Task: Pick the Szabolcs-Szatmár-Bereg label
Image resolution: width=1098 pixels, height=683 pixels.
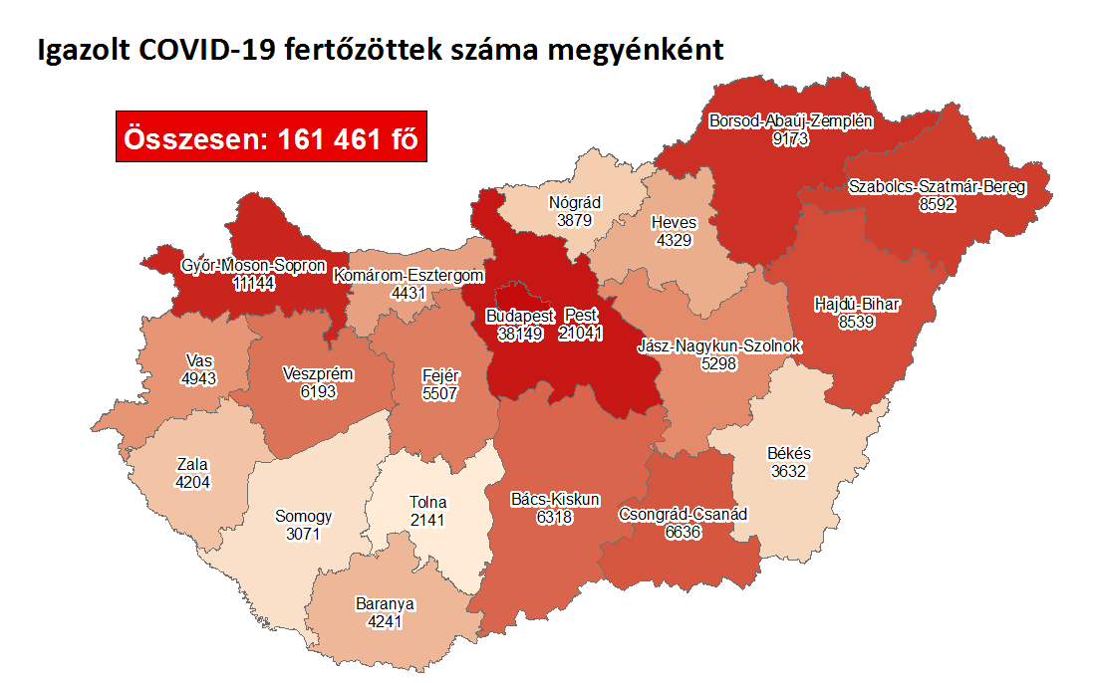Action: click(x=936, y=186)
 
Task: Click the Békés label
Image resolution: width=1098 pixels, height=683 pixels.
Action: click(x=789, y=454)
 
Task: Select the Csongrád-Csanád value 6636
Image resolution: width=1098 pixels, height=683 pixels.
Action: click(x=683, y=533)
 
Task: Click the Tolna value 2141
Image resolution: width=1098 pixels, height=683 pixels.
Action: click(x=429, y=519)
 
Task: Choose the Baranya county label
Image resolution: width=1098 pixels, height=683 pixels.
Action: click(x=385, y=603)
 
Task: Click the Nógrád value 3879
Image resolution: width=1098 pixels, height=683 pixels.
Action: click(x=575, y=220)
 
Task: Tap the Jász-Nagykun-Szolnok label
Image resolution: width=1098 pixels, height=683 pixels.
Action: click(x=720, y=346)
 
